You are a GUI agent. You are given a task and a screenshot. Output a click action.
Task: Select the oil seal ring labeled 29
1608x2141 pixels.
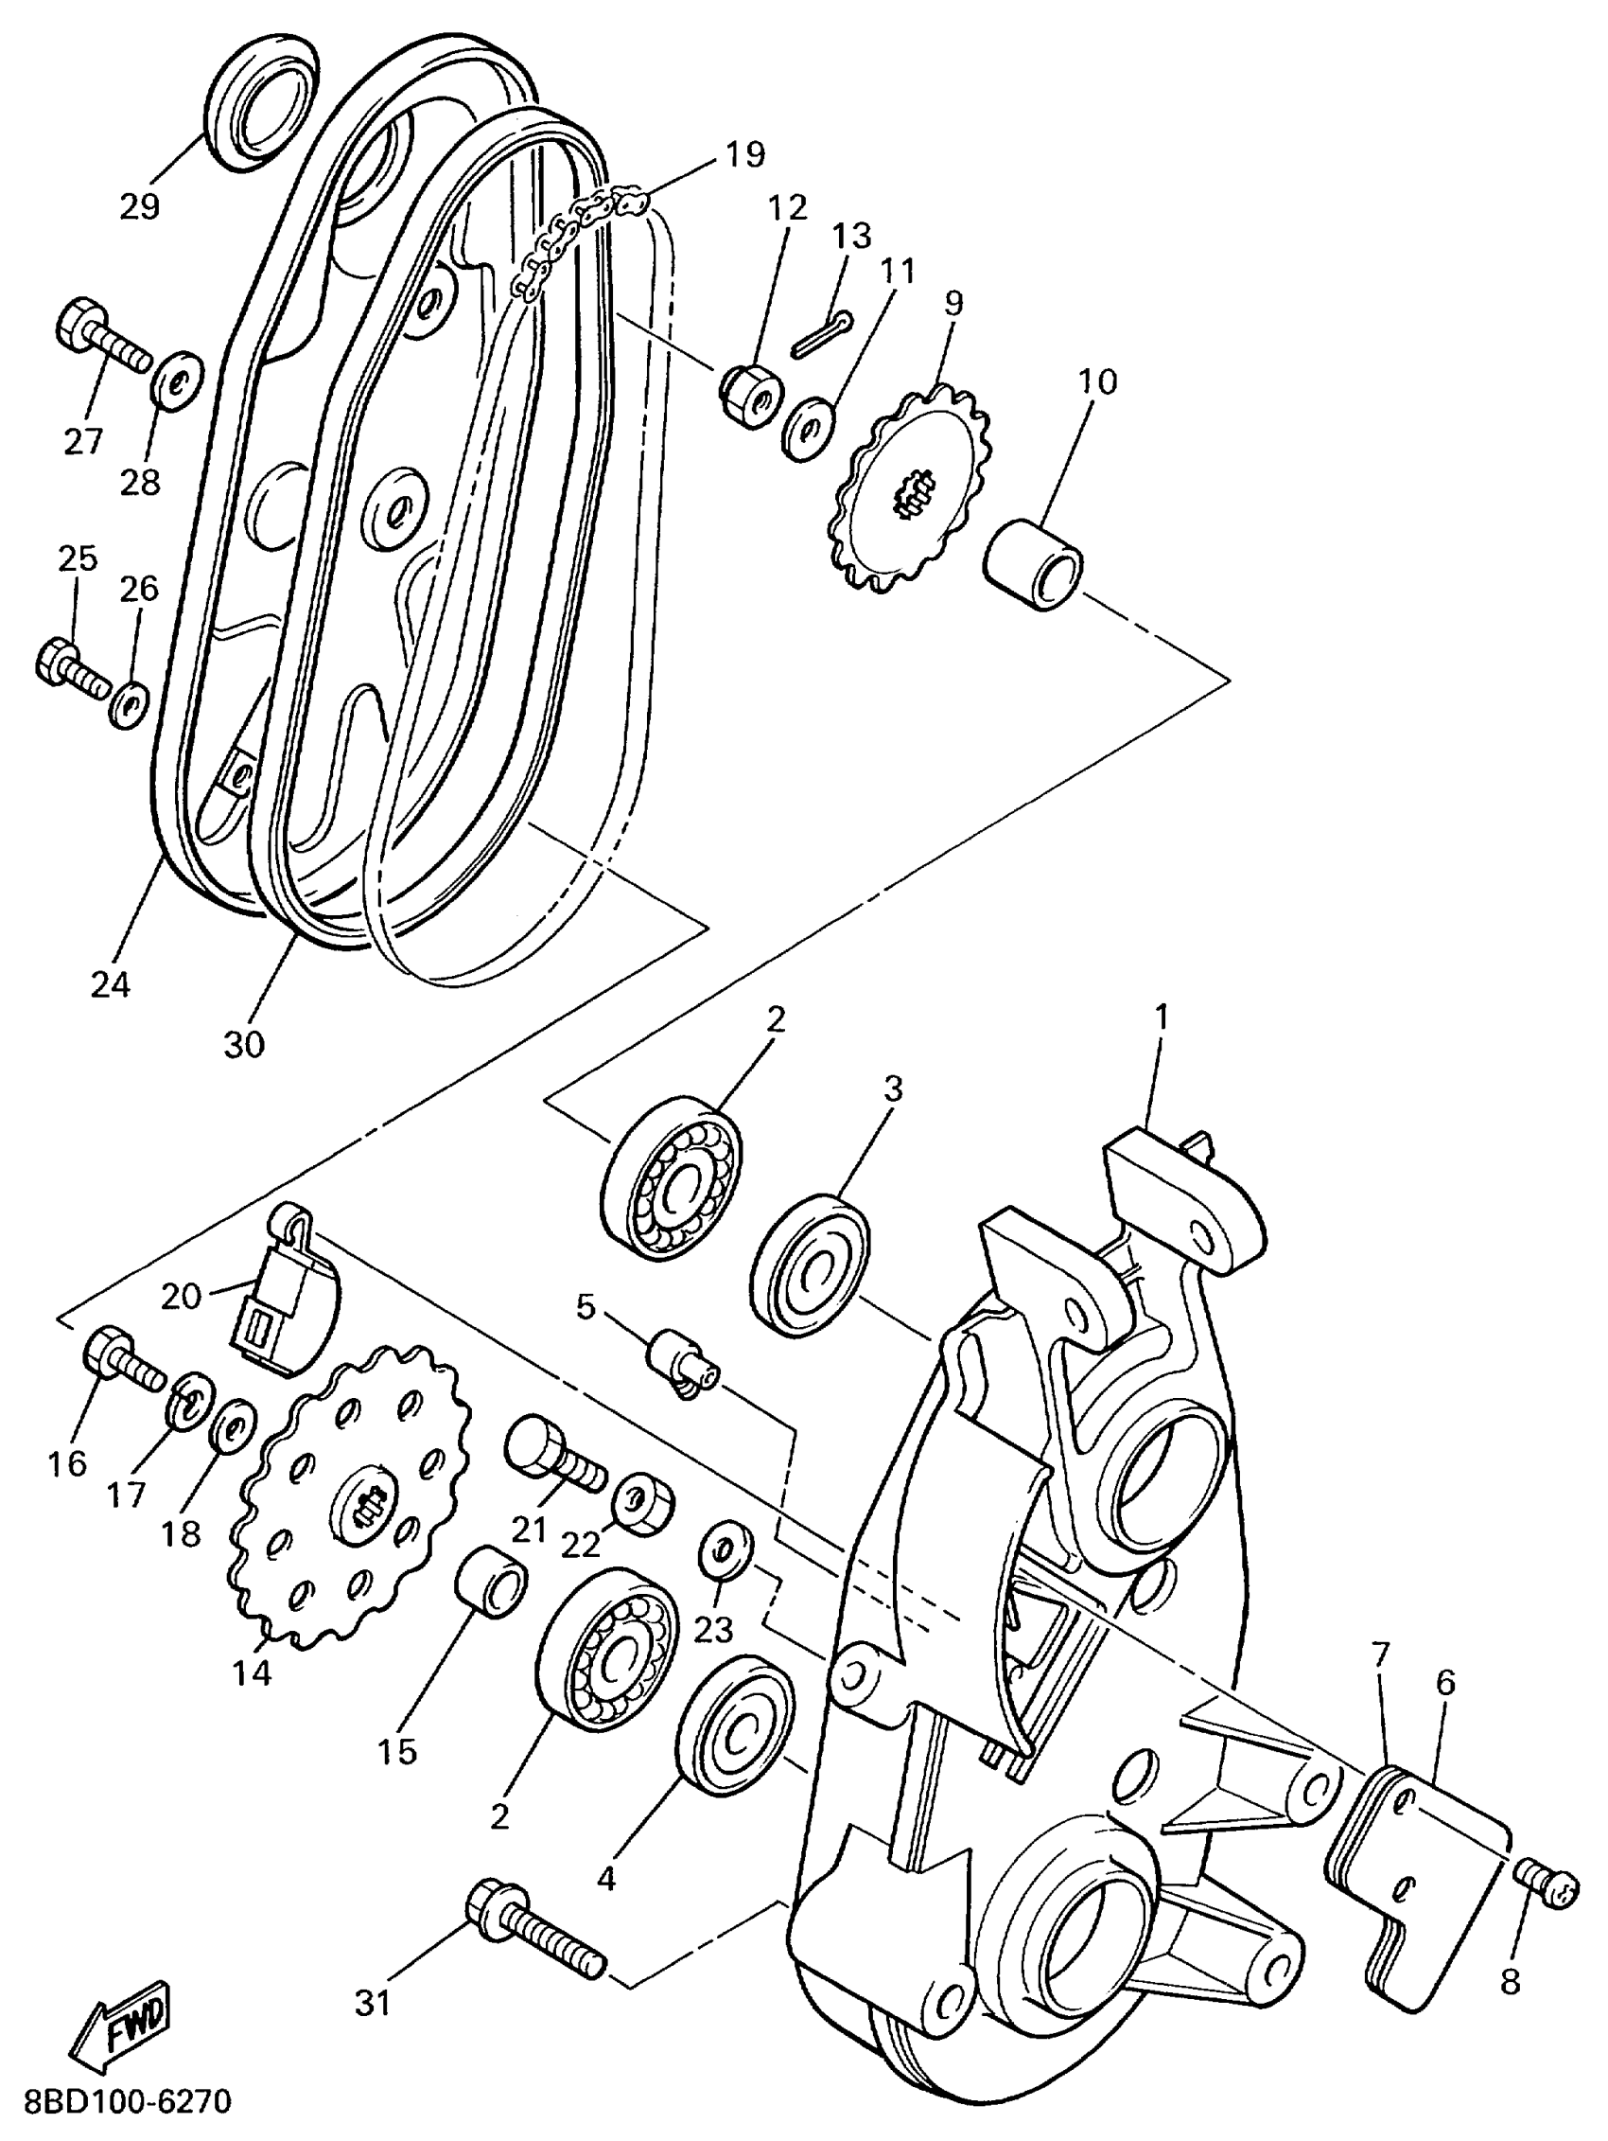(260, 109)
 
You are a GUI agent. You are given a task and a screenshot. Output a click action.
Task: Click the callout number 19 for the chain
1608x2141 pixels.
(744, 153)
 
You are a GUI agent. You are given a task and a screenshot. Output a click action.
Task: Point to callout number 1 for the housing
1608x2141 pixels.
(1161, 1017)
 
